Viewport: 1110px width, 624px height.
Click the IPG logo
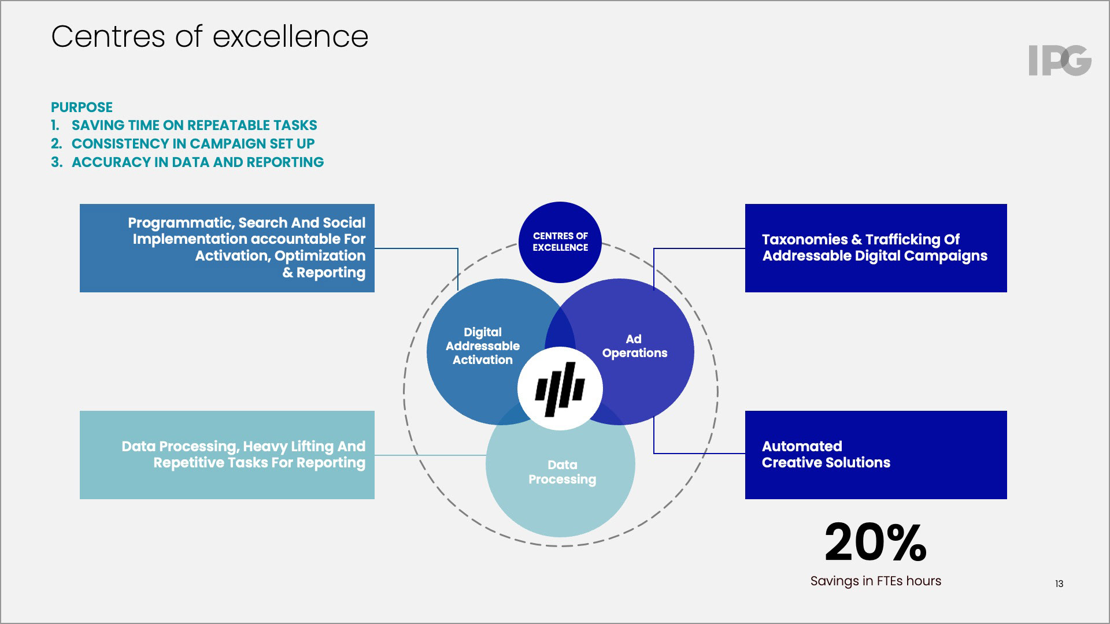[1060, 61]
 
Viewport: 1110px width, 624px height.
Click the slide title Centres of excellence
[209, 37]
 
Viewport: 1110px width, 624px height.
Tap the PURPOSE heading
[82, 107]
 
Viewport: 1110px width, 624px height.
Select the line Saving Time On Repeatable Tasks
[194, 125]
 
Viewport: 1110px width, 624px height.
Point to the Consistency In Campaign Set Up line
[193, 144]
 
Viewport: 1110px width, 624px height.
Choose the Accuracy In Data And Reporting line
[197, 162]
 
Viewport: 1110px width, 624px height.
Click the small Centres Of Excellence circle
[560, 242]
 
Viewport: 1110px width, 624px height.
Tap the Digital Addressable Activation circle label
[482, 346]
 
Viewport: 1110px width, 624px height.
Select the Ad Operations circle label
[634, 346]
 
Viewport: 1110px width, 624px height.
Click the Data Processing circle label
[562, 472]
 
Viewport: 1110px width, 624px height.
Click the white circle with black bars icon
[560, 389]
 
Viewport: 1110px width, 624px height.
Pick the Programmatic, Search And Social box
[227, 248]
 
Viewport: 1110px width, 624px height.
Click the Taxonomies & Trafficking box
[875, 248]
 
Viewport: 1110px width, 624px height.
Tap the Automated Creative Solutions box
[875, 455]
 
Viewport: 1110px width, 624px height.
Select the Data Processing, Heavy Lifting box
[227, 455]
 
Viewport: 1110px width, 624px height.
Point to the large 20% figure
[875, 543]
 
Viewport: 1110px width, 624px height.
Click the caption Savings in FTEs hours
[875, 581]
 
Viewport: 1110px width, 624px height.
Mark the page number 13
[1059, 584]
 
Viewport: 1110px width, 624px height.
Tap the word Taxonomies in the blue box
[804, 240]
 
